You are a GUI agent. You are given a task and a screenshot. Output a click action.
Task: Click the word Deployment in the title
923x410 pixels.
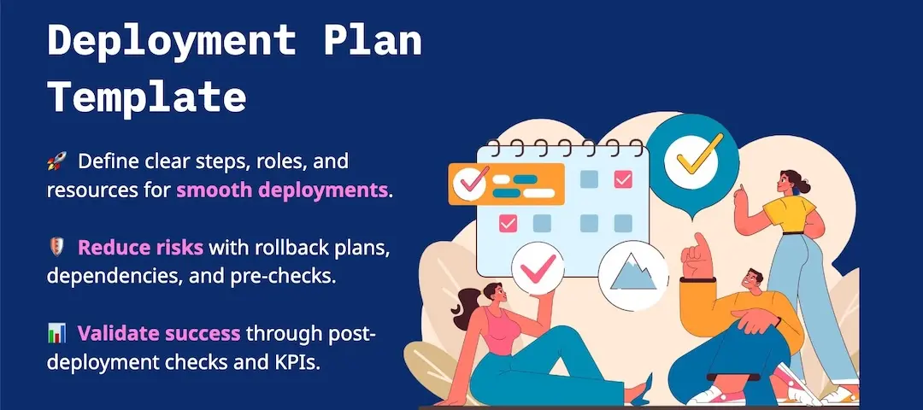pyautogui.click(x=171, y=42)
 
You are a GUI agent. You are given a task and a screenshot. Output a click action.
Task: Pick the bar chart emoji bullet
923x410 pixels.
pyautogui.click(x=56, y=334)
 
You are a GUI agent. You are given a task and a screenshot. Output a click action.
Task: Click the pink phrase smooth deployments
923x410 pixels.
pyautogui.click(x=282, y=190)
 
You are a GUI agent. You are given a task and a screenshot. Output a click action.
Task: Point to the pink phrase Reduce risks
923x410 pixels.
pyautogui.click(x=140, y=248)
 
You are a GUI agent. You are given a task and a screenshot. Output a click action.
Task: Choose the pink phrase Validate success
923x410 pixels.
pyautogui.click(x=159, y=333)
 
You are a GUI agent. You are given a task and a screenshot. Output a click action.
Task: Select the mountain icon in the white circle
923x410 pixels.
pyautogui.click(x=633, y=273)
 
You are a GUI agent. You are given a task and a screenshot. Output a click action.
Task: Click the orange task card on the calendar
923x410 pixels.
pyautogui.click(x=506, y=184)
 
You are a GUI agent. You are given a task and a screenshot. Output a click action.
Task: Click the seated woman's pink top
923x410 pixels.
pyautogui.click(x=500, y=330)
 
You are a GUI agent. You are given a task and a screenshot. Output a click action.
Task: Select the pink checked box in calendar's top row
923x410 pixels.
pyautogui.click(x=623, y=179)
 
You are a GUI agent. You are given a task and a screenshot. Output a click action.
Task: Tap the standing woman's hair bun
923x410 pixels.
pyautogui.click(x=803, y=188)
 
